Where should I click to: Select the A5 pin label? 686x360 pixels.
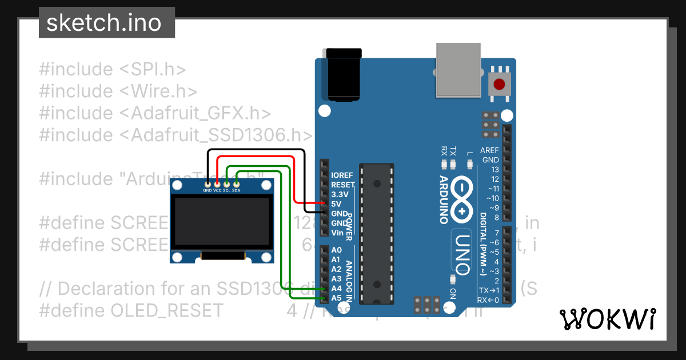[x=336, y=298]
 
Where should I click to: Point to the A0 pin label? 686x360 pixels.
[x=336, y=250]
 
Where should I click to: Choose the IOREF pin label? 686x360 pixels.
[x=342, y=175]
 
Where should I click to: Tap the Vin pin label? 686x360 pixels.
[x=337, y=233]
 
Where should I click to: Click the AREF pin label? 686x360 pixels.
[x=489, y=150]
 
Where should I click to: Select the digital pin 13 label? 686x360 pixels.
[x=494, y=170]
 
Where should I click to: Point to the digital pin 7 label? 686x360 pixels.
[x=496, y=233]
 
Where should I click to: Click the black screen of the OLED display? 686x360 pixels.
[x=222, y=222]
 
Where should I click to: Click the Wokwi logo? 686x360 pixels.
[x=608, y=319]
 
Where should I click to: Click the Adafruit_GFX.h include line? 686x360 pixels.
[x=155, y=113]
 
